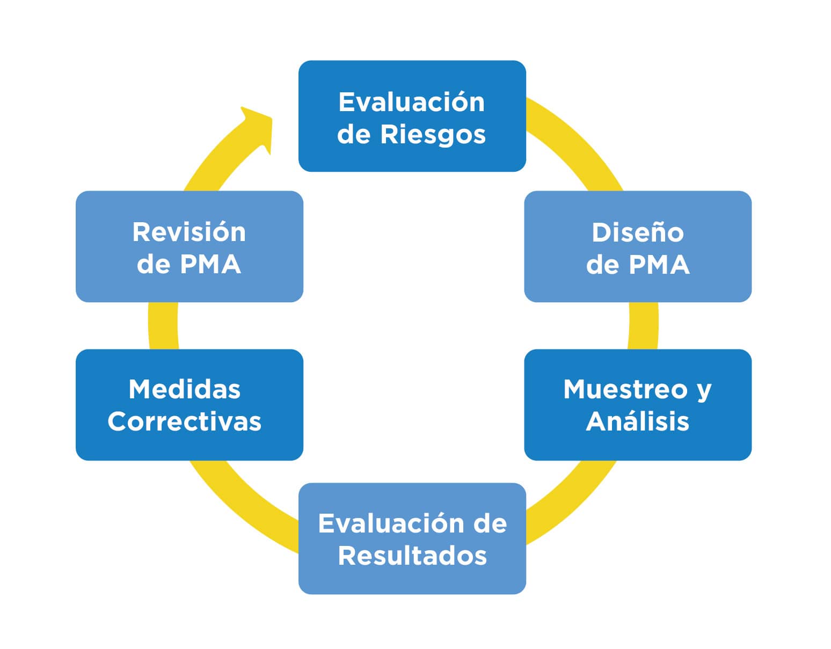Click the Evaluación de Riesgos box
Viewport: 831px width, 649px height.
click(412, 116)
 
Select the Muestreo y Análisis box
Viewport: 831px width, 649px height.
click(637, 405)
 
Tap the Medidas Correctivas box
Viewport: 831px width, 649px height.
click(189, 405)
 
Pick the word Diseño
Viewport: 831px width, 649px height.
click(637, 232)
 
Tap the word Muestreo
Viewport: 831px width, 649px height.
click(625, 389)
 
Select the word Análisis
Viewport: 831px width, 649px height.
click(637, 421)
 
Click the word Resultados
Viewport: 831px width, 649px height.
click(412, 556)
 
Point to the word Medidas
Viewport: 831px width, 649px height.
click(184, 389)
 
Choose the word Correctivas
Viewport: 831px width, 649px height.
click(184, 421)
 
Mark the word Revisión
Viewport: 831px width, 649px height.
click(189, 232)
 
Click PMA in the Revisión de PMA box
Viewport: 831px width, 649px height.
click(210, 264)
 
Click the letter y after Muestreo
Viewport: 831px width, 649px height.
click(704, 391)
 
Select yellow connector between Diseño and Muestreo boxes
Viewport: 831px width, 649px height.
click(643, 325)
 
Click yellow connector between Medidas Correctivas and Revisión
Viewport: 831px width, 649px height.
click(163, 325)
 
